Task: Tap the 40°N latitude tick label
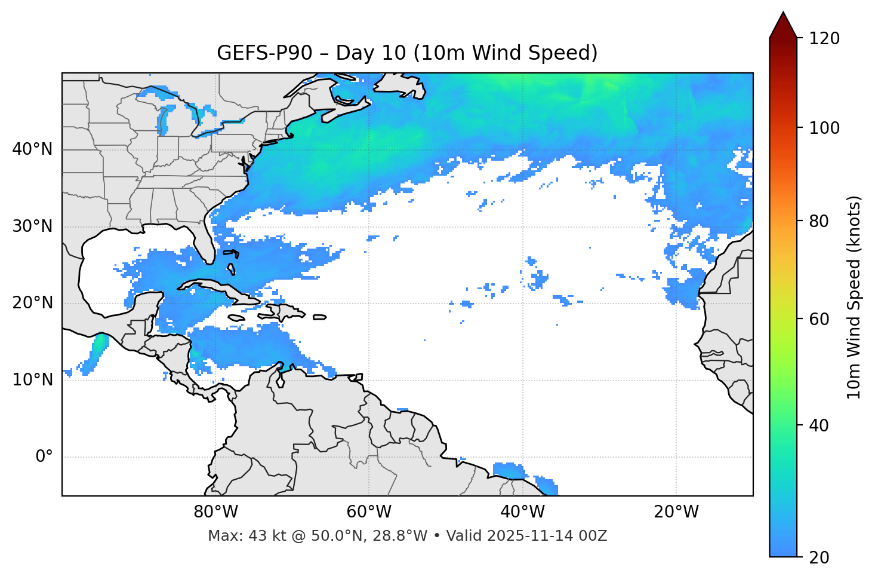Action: click(x=32, y=149)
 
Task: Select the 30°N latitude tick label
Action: click(x=32, y=226)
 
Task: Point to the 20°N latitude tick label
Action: click(x=32, y=303)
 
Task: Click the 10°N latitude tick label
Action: click(x=32, y=380)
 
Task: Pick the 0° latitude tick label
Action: click(x=44, y=457)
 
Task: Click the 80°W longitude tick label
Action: click(x=215, y=512)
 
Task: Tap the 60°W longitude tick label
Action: click(x=369, y=512)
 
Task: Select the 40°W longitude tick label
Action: click(x=522, y=512)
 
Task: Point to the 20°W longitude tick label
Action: click(x=676, y=512)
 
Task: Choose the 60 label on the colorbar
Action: click(x=819, y=319)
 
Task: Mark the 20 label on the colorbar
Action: click(x=819, y=557)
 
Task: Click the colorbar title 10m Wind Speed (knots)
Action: click(x=854, y=297)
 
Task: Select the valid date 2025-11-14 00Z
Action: click(x=547, y=536)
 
